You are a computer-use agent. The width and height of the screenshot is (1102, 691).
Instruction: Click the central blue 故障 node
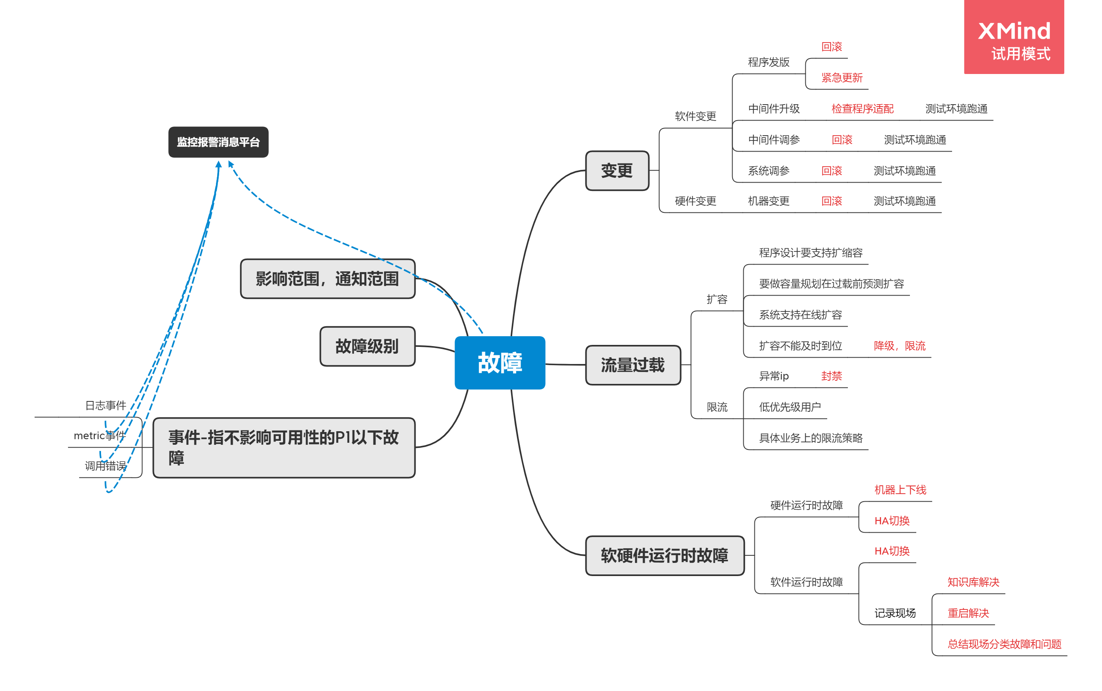click(499, 362)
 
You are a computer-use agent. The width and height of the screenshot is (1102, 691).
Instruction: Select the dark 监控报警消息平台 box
click(218, 142)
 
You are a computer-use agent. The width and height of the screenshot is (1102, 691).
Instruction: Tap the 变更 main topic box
click(617, 171)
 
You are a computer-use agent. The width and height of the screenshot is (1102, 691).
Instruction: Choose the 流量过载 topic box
click(633, 365)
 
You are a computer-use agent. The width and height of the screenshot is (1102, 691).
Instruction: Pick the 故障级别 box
click(367, 346)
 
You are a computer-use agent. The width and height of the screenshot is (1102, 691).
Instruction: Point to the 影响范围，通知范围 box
click(327, 278)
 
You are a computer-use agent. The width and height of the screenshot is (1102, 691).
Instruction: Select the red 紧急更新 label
click(842, 78)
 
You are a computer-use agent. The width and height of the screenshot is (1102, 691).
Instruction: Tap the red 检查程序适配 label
click(862, 109)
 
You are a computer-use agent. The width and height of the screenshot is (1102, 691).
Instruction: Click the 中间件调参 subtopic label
click(774, 140)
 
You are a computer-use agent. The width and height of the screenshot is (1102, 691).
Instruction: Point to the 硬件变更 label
click(696, 201)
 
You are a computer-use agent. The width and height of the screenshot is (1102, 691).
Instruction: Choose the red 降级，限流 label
click(899, 346)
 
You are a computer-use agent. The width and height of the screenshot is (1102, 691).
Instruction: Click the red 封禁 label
click(831, 376)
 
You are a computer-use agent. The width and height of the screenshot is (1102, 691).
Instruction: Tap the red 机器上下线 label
click(900, 490)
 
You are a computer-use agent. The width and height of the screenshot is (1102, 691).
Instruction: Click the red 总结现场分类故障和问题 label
click(1004, 644)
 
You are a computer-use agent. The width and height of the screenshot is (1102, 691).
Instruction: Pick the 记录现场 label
click(894, 613)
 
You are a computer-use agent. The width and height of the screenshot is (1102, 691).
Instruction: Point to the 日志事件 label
click(105, 405)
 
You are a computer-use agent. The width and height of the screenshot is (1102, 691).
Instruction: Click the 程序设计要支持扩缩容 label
click(810, 253)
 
